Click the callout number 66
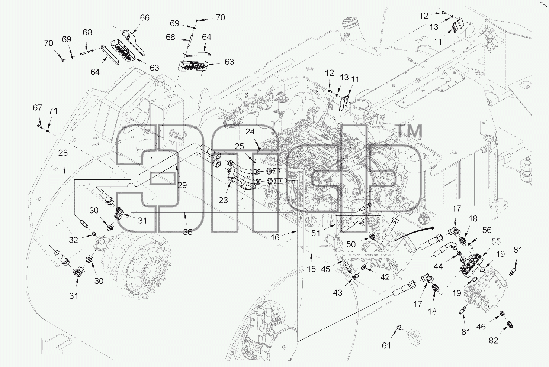click(145, 18)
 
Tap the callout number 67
click(38, 107)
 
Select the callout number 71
click(53, 111)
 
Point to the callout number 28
click(63, 153)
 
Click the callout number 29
click(182, 185)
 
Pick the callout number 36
click(188, 232)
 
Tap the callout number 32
click(73, 240)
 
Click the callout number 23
click(223, 200)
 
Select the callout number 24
click(250, 132)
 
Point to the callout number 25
click(239, 146)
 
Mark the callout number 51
click(316, 233)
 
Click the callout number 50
click(351, 244)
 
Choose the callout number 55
click(496, 242)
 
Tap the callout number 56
click(487, 230)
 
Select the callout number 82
click(493, 340)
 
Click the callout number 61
click(386, 346)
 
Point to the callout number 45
click(325, 269)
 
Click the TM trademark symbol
click(410, 131)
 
